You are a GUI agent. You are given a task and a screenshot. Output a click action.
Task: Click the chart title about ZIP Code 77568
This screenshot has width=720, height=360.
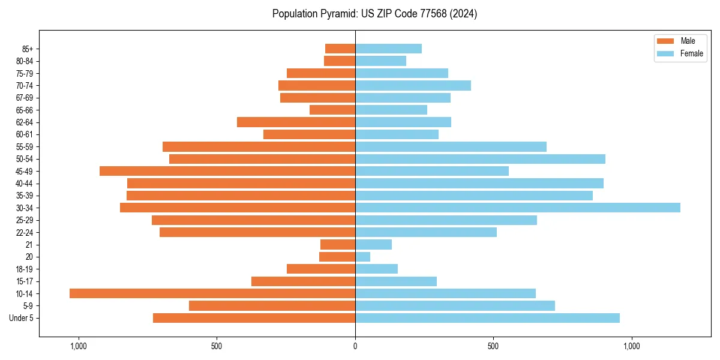(374, 14)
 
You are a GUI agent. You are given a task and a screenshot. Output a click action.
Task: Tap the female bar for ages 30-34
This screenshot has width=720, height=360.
(517, 208)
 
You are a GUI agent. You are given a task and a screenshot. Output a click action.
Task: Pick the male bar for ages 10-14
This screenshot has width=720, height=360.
(212, 293)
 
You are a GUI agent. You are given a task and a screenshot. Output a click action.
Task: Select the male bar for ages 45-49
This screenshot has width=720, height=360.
(227, 171)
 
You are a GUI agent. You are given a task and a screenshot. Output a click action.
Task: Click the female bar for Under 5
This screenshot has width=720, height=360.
(487, 318)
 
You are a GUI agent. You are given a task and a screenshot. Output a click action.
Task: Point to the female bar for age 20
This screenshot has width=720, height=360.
(363, 257)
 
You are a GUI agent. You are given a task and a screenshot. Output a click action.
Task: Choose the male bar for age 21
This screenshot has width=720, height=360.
(338, 244)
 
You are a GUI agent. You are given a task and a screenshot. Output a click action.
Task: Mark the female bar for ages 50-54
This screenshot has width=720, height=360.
(480, 159)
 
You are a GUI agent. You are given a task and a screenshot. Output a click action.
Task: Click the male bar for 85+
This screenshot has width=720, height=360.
(340, 49)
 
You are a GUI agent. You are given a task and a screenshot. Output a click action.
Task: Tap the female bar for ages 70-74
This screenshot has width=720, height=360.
(413, 85)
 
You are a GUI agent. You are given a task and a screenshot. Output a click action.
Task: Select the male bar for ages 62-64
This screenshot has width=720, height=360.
(296, 122)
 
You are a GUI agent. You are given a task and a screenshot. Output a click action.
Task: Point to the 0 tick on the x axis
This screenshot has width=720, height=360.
(355, 346)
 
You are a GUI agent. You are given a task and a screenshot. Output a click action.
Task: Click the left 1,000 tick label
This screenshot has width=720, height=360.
(79, 346)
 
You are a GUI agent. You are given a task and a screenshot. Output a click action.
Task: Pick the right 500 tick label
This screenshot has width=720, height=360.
(493, 346)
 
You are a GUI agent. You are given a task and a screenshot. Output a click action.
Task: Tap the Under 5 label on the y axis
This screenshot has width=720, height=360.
(21, 318)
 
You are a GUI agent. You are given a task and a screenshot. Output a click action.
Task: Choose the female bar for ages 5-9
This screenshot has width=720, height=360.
(455, 305)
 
